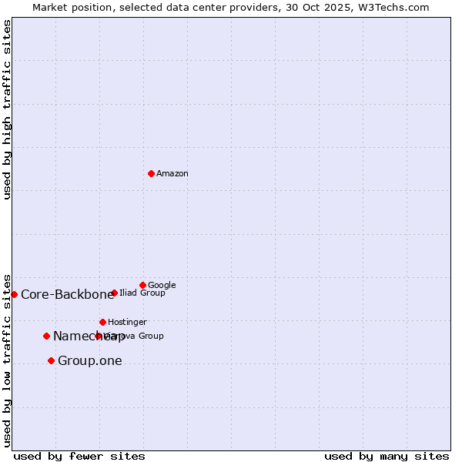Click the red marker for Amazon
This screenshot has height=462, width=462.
(x=151, y=173)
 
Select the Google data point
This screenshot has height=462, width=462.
(x=142, y=285)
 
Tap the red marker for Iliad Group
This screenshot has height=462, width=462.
(x=114, y=293)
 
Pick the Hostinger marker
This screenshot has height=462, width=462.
(x=102, y=322)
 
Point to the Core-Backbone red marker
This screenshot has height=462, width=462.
(x=14, y=294)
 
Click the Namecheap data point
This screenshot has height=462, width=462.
(x=46, y=336)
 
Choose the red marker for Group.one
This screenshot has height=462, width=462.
(x=51, y=360)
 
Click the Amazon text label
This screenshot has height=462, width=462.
(x=172, y=174)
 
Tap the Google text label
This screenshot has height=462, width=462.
(x=162, y=285)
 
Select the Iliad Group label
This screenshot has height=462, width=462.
(x=142, y=293)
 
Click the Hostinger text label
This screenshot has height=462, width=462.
(x=127, y=322)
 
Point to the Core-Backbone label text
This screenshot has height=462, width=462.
(x=67, y=294)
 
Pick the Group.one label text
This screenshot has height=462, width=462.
(x=89, y=360)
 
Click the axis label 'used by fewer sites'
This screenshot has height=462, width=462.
(x=79, y=456)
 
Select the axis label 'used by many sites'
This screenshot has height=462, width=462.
(x=387, y=456)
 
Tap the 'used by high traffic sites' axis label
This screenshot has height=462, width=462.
(x=7, y=109)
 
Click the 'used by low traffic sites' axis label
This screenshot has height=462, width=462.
(x=7, y=360)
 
